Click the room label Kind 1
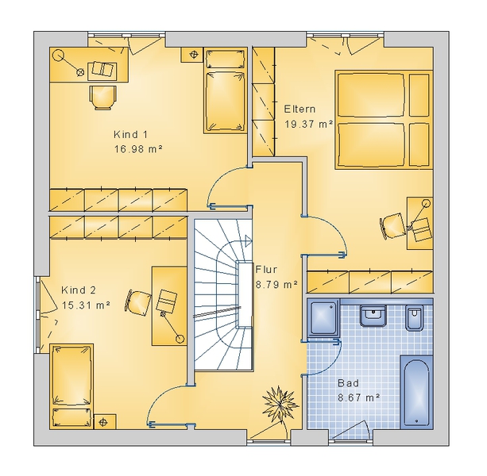130,135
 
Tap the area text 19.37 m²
309,124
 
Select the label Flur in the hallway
266,270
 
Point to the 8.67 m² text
359,397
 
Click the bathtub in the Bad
416,392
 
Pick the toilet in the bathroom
415,318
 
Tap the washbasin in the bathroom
373,316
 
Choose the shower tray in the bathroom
323,317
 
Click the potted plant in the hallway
280,403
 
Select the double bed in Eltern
384,120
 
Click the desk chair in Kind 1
103,98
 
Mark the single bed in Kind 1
226,90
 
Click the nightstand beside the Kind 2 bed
105,422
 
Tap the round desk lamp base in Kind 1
58,56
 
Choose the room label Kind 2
79,290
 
